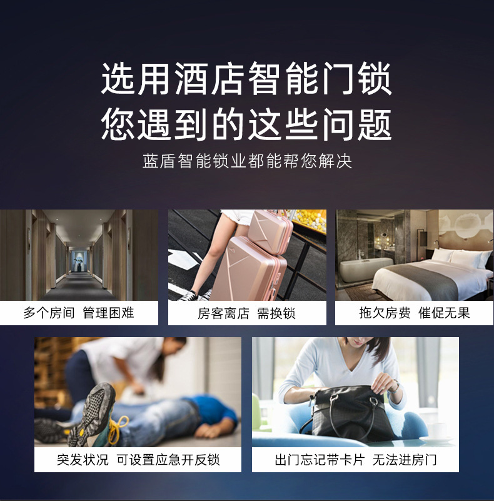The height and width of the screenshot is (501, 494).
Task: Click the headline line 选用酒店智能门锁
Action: tap(246, 78)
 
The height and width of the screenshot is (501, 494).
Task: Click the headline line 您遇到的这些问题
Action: tap(246, 124)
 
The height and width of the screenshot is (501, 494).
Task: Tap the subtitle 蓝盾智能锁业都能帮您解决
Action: tap(247, 161)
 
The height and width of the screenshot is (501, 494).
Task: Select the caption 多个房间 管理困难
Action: tap(79, 313)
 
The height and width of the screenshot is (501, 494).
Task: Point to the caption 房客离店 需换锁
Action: tap(246, 313)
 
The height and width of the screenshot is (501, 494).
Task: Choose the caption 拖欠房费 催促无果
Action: tap(415, 313)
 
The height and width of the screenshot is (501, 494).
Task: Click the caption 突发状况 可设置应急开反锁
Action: tap(138, 460)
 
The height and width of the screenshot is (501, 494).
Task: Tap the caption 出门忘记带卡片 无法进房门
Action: tap(356, 460)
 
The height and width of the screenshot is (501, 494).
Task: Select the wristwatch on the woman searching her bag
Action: tap(396, 387)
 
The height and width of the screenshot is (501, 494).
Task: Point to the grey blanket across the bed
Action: tap(428, 278)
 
